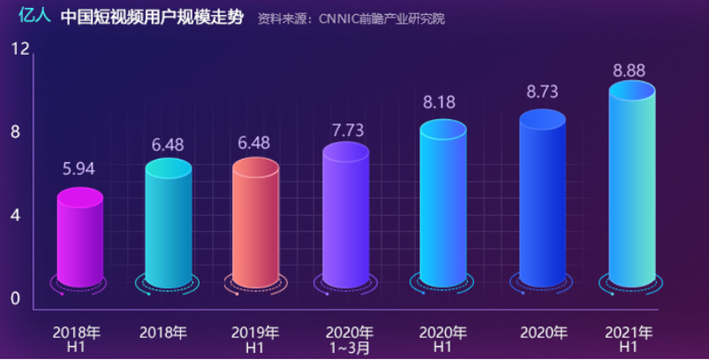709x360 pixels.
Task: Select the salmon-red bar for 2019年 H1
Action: tap(255, 223)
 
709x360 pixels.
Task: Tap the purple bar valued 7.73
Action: tap(345, 215)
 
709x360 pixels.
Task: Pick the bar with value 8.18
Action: tap(442, 205)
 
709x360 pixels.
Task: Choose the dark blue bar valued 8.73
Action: tap(542, 199)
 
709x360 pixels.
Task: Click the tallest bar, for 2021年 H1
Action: tap(631, 187)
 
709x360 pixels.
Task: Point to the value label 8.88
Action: tap(629, 71)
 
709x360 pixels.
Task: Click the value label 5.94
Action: tap(79, 169)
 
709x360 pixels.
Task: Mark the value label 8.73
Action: tap(542, 92)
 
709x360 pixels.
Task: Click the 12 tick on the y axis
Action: tap(20, 50)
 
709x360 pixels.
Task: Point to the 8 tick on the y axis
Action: tap(15, 132)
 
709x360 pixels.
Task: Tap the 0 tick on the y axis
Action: tap(15, 298)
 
